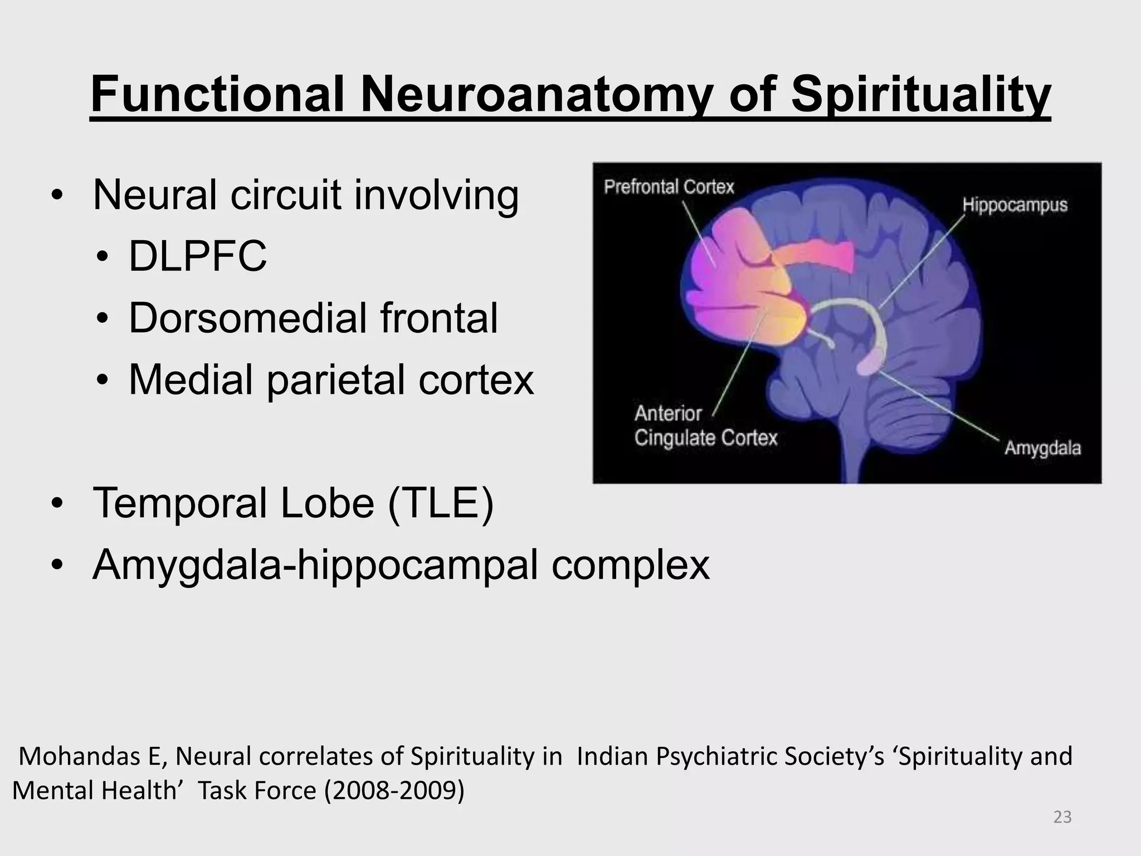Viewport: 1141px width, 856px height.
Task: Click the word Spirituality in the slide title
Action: tap(920, 95)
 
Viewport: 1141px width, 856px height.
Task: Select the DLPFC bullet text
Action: tap(198, 256)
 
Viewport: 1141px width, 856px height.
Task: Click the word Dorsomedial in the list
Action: tap(247, 318)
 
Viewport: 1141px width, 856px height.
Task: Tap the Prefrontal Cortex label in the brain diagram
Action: tap(669, 187)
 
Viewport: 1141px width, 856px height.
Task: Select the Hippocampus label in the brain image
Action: tap(1015, 205)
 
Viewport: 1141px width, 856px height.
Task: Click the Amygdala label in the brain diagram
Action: tap(1042, 448)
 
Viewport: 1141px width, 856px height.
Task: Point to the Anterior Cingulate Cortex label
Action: tap(705, 426)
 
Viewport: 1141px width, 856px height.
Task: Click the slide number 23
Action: tap(1062, 817)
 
